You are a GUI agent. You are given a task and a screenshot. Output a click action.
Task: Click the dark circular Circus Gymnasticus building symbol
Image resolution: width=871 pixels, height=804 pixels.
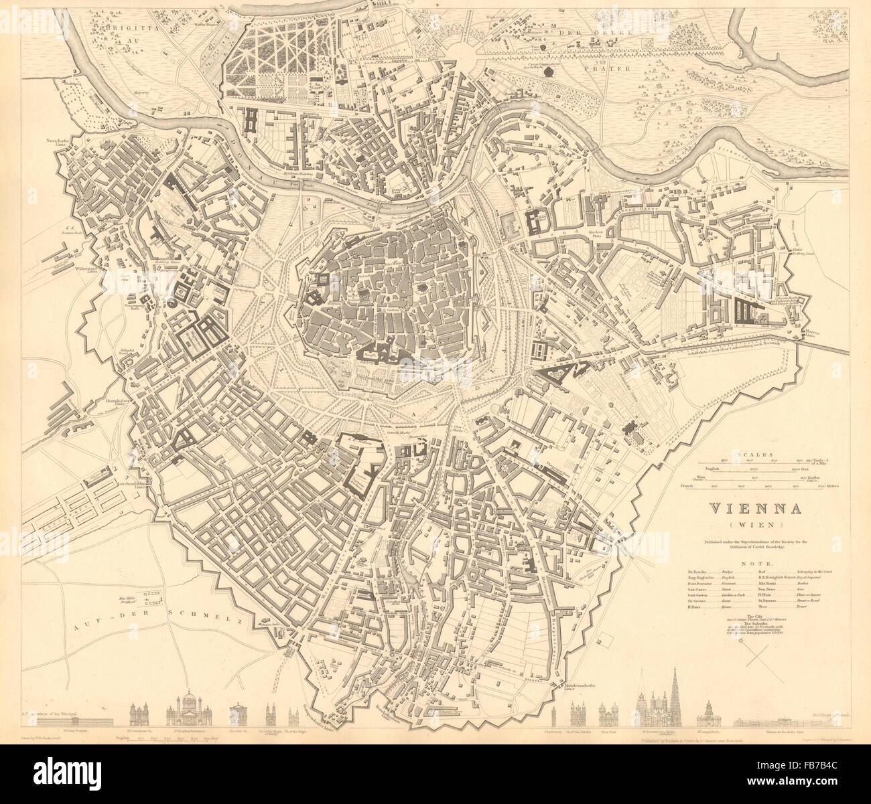coord(549,70)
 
